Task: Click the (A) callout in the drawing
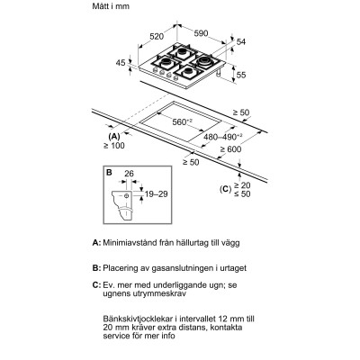[113, 135]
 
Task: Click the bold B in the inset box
[108, 171]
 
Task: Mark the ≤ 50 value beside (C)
[243, 193]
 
